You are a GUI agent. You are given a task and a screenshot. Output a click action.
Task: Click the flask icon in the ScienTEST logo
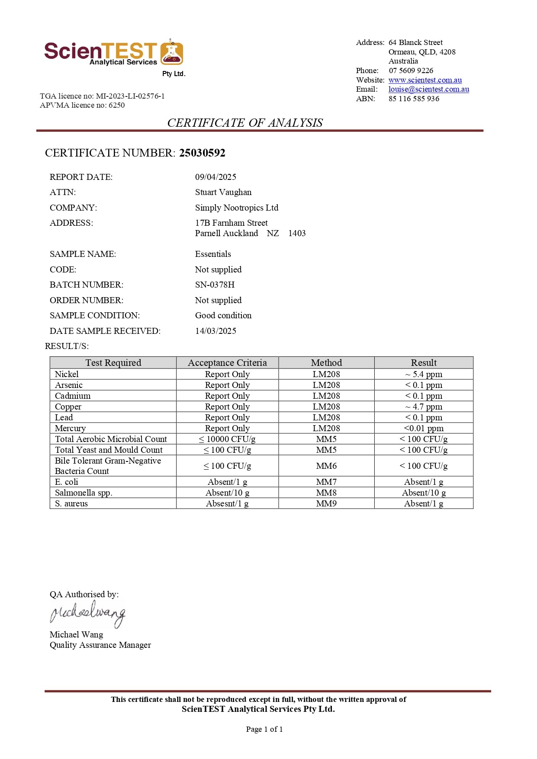(x=171, y=53)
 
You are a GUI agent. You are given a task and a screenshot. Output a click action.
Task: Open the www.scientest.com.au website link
(x=425, y=80)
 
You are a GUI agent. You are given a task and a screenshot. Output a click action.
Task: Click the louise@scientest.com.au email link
(x=428, y=89)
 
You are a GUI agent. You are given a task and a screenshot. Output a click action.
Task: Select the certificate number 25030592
(x=202, y=153)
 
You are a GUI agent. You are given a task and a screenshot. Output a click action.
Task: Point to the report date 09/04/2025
(x=215, y=177)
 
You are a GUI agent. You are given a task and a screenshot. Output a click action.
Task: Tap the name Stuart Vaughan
(x=223, y=192)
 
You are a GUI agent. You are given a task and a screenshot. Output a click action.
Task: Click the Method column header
(x=326, y=362)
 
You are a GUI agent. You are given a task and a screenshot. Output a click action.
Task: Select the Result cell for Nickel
(x=424, y=374)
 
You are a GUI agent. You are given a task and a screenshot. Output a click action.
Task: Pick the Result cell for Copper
(x=424, y=407)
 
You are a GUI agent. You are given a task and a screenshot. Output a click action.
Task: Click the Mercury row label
(x=70, y=428)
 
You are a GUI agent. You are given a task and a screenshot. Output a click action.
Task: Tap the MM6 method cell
(x=326, y=466)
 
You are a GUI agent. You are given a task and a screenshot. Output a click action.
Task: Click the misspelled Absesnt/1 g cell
(x=227, y=503)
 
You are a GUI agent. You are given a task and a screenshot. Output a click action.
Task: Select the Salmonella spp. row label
(x=83, y=493)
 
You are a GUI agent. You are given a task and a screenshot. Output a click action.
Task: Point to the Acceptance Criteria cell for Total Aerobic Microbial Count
(x=227, y=439)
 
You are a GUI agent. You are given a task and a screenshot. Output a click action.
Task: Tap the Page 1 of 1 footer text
(x=264, y=729)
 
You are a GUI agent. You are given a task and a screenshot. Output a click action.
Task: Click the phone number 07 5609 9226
(x=411, y=70)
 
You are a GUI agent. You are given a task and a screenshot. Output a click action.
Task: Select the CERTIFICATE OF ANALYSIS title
(x=245, y=123)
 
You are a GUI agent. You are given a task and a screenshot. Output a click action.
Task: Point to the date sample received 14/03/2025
(x=215, y=331)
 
